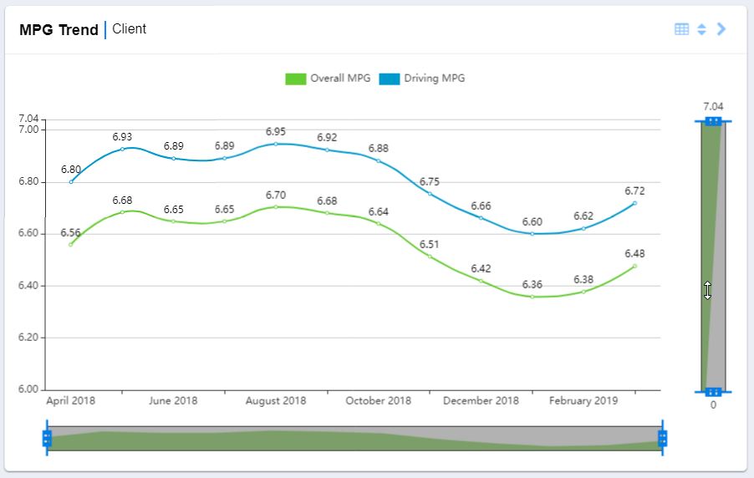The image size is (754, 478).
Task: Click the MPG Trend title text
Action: click(59, 30)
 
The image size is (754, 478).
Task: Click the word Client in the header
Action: click(129, 29)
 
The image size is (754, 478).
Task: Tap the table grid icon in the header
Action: click(681, 29)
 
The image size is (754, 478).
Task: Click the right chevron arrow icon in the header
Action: click(722, 29)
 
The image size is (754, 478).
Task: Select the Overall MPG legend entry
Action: click(329, 79)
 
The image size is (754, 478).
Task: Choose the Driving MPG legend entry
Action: click(423, 79)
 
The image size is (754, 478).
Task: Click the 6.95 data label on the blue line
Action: click(276, 132)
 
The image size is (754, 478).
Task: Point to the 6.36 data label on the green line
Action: click(532, 285)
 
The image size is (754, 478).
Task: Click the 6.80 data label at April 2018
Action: click(71, 170)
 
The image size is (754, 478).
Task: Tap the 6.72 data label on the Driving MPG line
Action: click(634, 191)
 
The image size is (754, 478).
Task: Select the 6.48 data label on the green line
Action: click(634, 254)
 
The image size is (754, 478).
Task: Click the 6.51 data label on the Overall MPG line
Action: click(430, 245)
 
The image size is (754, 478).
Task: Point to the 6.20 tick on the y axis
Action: click(28, 338)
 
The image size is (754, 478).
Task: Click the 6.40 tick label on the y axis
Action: click(28, 286)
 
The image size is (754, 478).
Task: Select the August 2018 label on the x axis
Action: click(276, 401)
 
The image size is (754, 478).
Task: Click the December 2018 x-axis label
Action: click(481, 401)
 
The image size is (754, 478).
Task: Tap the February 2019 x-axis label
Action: click(583, 401)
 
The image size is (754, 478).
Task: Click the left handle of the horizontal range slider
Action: click(47, 439)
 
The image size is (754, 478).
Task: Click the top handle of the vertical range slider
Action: click(713, 121)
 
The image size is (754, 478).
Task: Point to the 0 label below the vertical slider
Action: click(713, 405)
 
